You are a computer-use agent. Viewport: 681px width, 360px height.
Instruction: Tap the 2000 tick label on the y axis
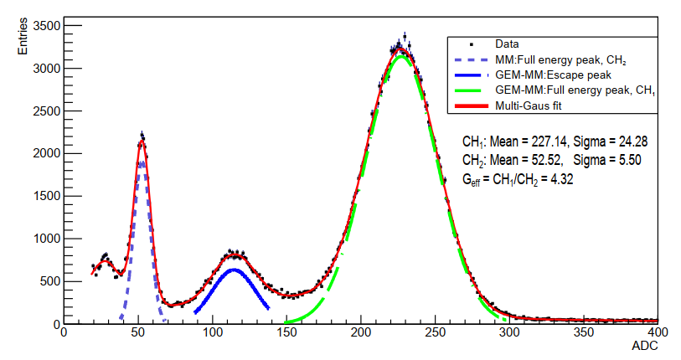(43, 153)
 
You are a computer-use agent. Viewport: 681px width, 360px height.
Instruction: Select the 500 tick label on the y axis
(47, 281)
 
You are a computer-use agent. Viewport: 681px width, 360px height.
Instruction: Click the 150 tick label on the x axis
(287, 333)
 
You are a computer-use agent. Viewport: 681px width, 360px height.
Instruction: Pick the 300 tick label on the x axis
(509, 333)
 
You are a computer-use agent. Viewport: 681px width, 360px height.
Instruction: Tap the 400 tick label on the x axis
(658, 333)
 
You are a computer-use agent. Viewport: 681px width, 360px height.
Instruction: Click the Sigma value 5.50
(624, 161)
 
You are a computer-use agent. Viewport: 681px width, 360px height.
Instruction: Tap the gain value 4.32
(561, 178)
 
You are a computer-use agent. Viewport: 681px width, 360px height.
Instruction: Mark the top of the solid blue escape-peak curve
(234, 270)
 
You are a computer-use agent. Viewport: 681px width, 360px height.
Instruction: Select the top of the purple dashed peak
(142, 162)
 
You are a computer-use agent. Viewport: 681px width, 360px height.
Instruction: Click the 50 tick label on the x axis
(139, 333)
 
